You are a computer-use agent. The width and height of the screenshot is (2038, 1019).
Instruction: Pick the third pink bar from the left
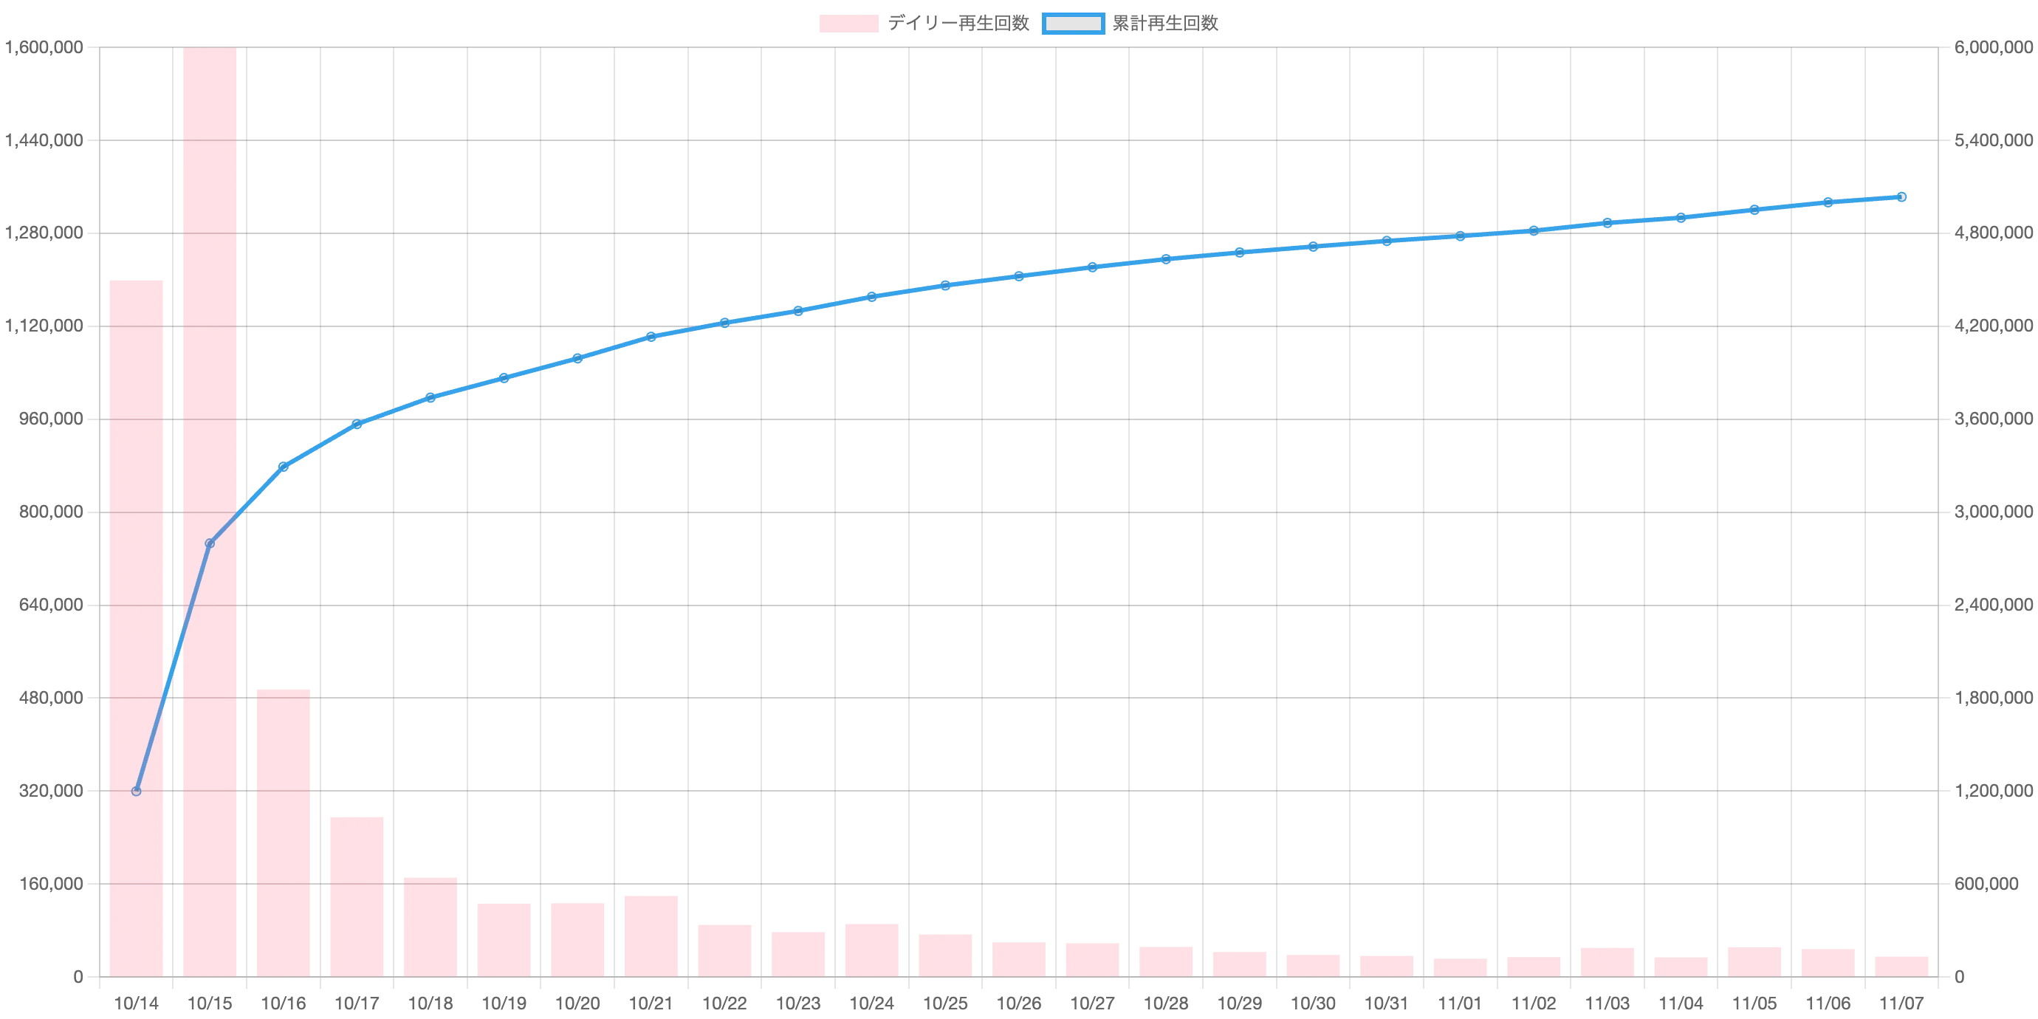(284, 831)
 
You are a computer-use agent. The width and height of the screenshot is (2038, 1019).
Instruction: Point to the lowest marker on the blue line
(136, 790)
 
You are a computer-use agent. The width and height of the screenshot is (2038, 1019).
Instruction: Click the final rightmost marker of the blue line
(1901, 196)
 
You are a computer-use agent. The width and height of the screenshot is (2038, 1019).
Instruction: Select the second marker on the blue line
(210, 543)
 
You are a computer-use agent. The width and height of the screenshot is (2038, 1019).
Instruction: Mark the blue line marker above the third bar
(284, 466)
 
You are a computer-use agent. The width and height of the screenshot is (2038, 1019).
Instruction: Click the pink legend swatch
(848, 24)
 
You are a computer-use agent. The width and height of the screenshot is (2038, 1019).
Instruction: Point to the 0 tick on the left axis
(77, 978)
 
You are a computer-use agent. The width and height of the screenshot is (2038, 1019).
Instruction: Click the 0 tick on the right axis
(1960, 978)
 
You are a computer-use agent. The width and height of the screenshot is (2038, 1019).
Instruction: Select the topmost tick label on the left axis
(44, 49)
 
